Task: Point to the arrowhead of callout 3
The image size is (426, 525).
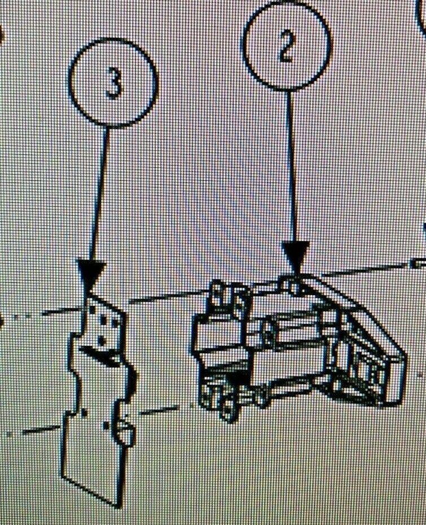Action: [x=91, y=272]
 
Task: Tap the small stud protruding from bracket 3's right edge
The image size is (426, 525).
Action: [x=125, y=432]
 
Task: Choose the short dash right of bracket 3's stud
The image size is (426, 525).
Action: [x=157, y=411]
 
